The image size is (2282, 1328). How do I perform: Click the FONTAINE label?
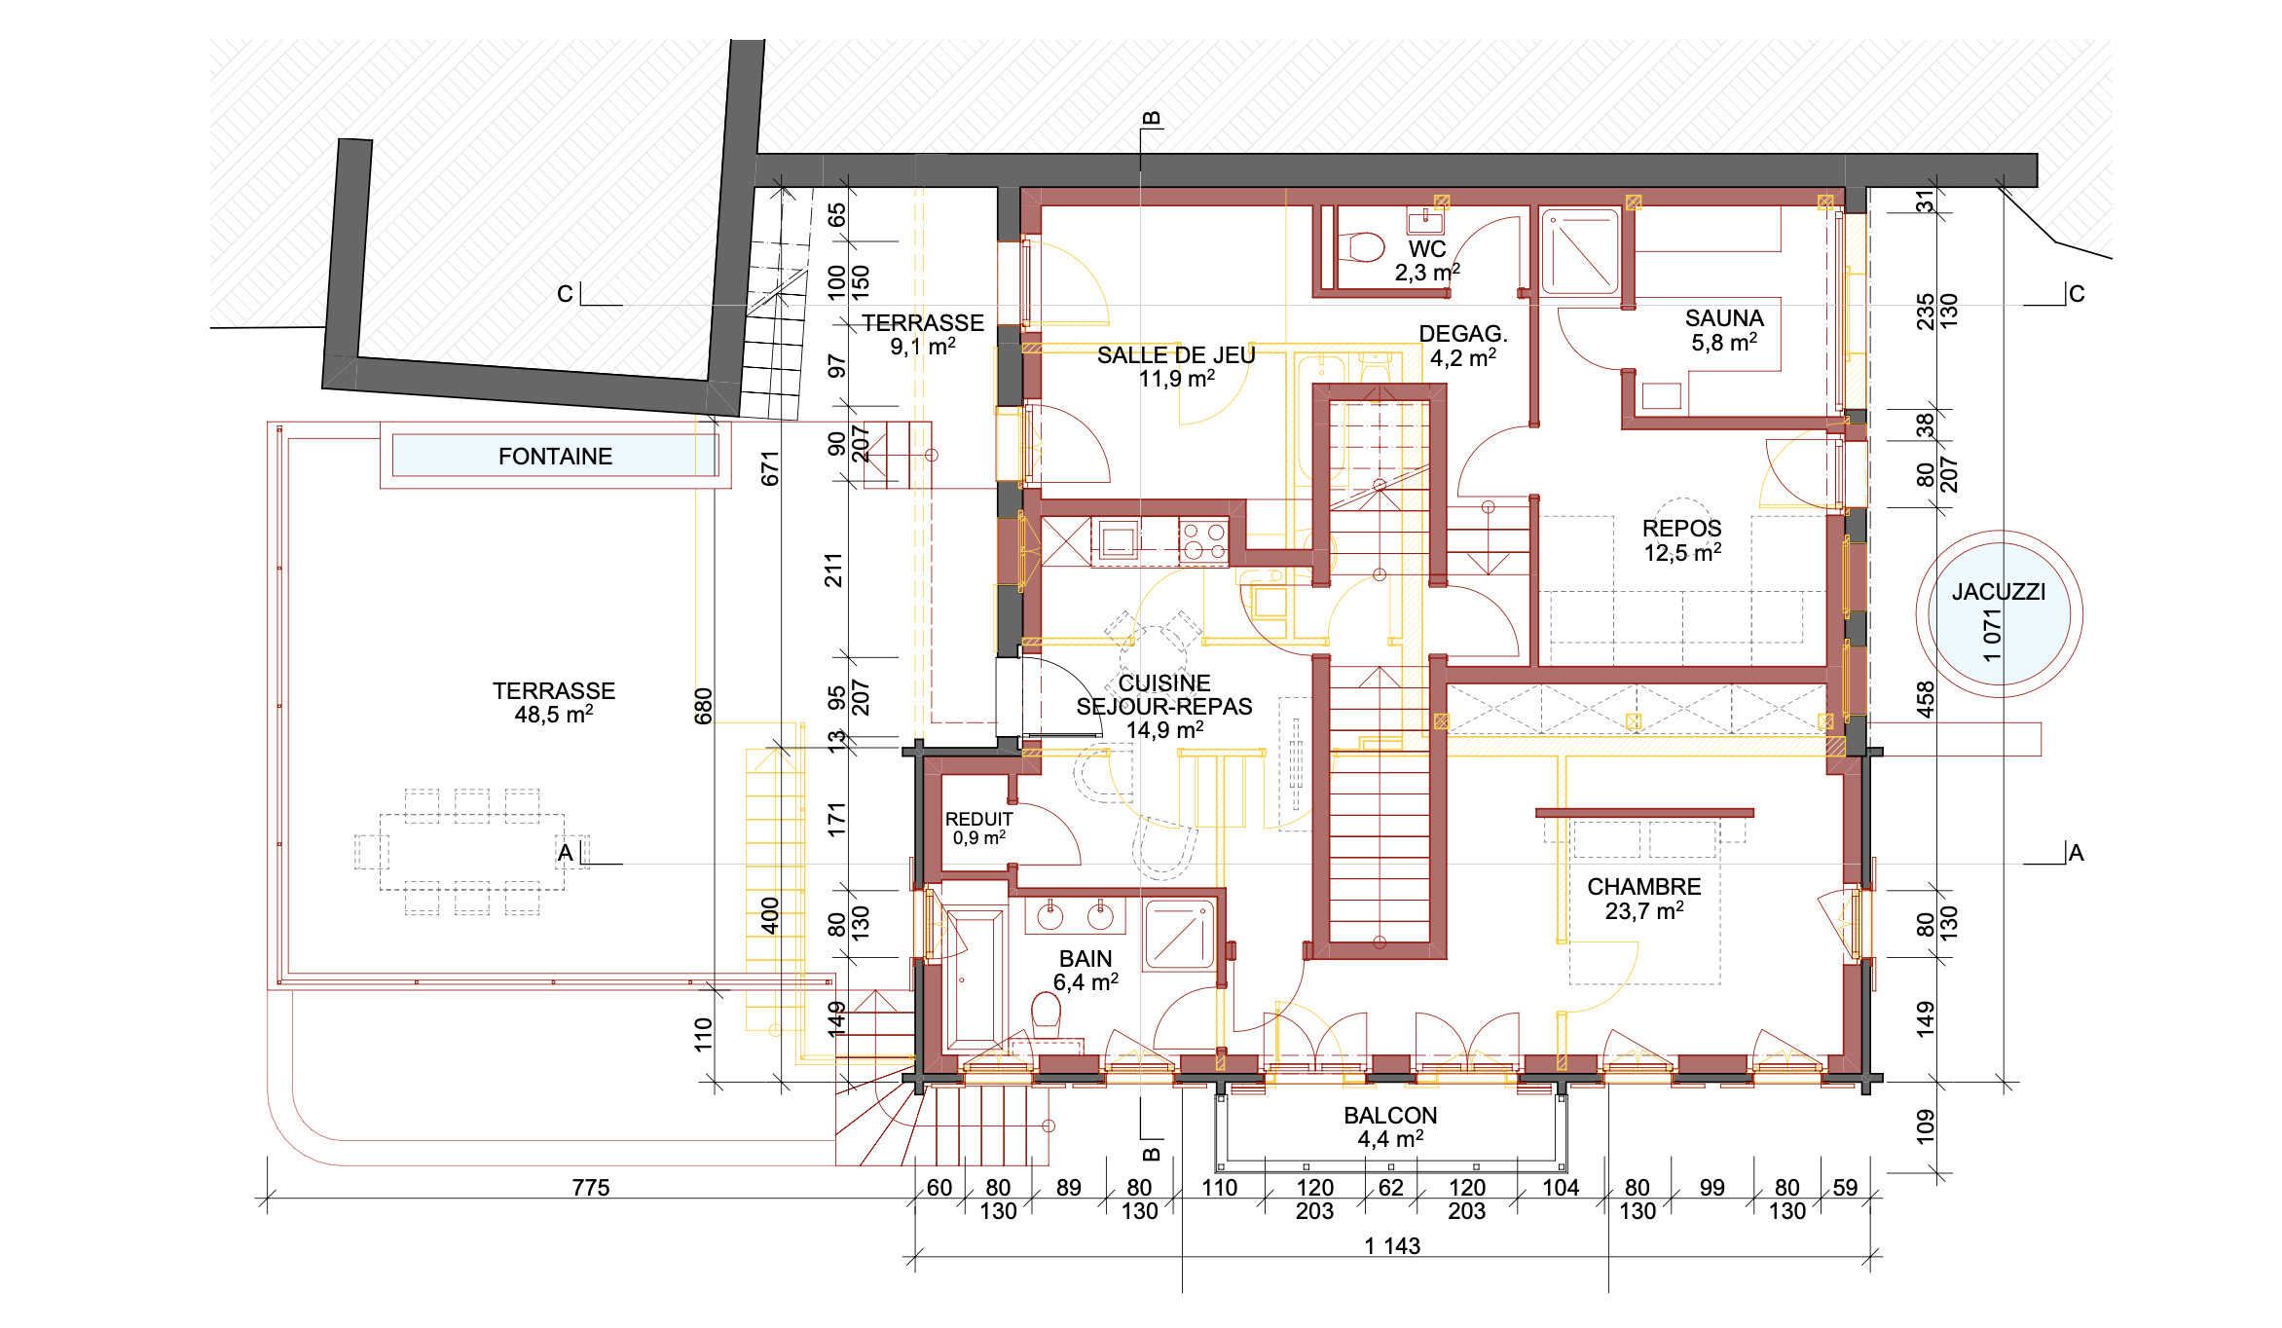[x=555, y=457]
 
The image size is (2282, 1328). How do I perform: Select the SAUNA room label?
[x=1724, y=318]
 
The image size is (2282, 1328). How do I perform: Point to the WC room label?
[x=1427, y=249]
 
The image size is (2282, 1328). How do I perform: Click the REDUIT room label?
[x=978, y=820]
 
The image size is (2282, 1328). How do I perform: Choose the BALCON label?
[x=1390, y=1116]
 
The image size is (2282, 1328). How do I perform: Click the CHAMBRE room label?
[x=1644, y=887]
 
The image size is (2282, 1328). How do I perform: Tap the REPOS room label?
[x=1682, y=529]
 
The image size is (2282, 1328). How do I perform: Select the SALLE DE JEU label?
[x=1176, y=355]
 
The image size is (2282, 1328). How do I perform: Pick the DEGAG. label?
[x=1463, y=334]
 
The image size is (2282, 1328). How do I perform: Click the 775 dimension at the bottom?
[x=591, y=1188]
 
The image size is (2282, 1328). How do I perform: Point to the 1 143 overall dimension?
[x=1392, y=1246]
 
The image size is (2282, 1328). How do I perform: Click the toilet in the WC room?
[x=1362, y=247]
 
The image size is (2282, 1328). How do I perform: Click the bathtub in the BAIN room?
[x=975, y=979]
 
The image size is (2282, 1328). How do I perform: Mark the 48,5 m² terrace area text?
[x=554, y=715]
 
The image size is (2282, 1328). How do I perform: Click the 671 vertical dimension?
[x=770, y=468]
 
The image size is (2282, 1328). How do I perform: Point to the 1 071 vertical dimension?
[x=1992, y=635]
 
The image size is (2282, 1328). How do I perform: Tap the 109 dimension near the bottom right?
[x=1925, y=1125]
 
